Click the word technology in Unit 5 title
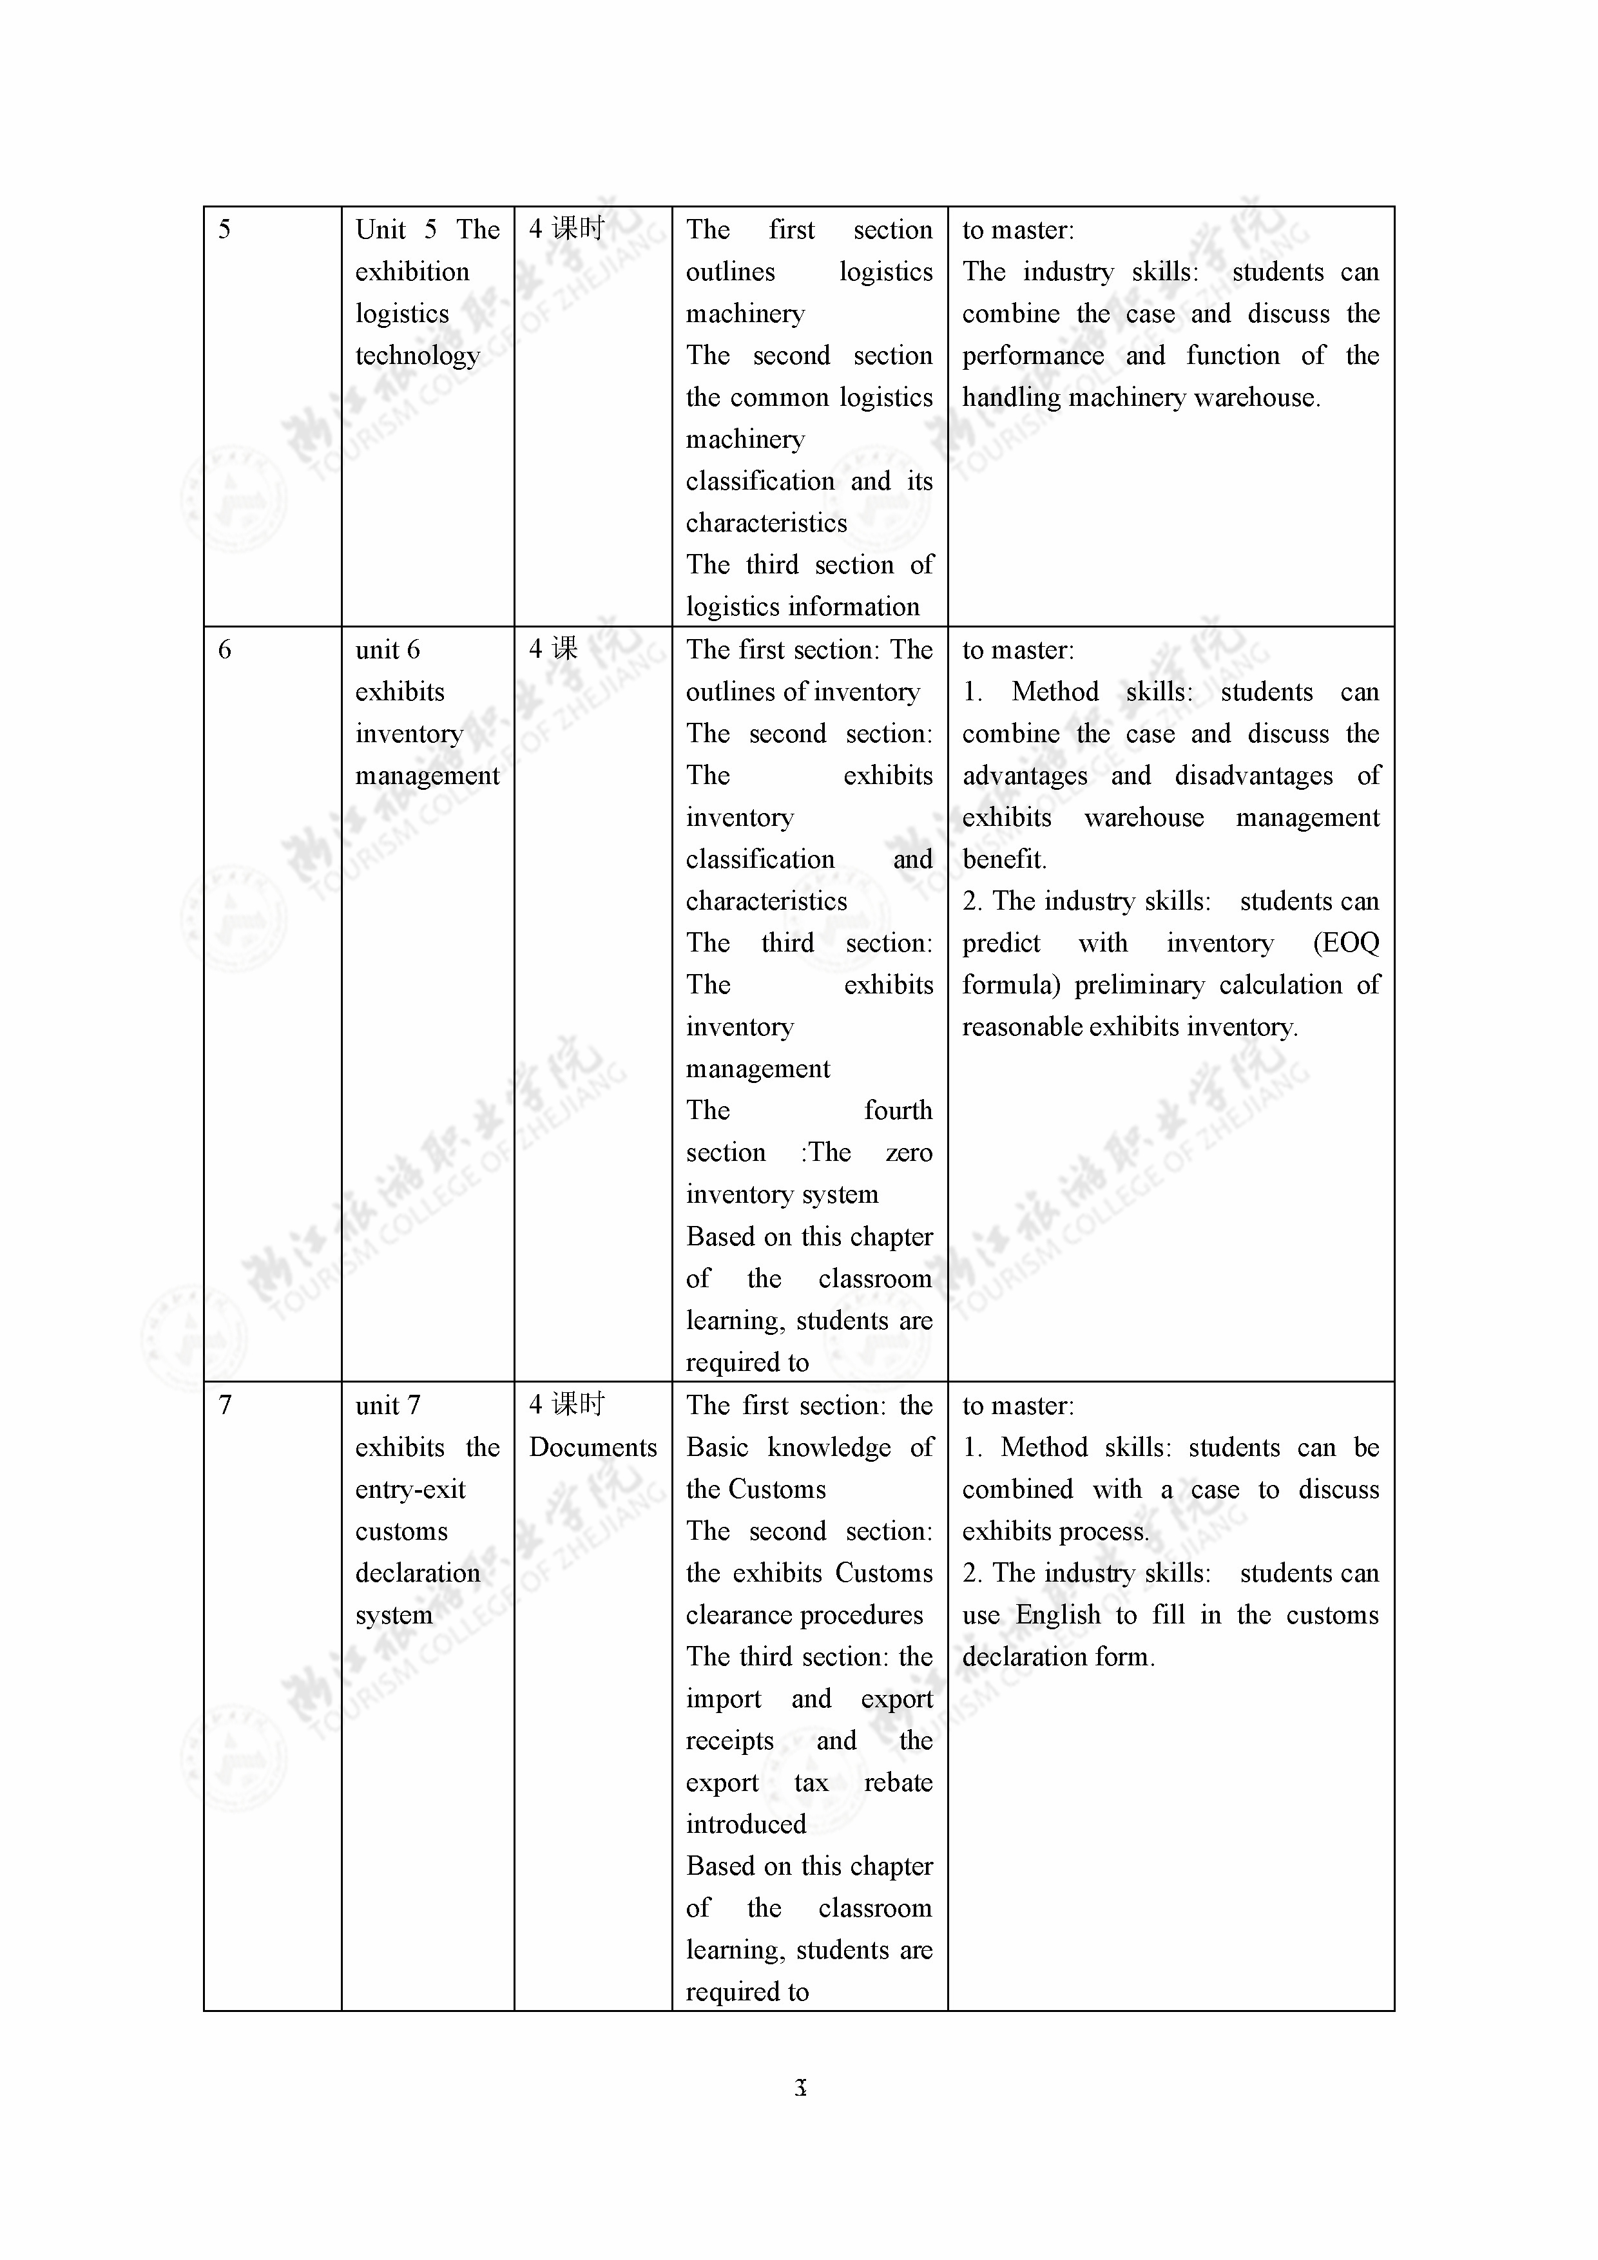418,356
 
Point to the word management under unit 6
427,776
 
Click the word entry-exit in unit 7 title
410,1490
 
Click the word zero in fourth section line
908,1153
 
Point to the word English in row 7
1057,1615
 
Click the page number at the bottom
800,2087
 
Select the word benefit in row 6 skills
1003,860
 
